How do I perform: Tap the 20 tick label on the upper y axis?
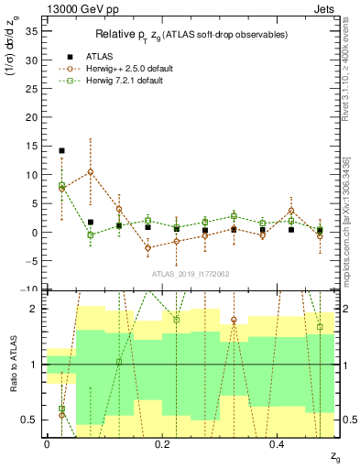(x=34, y=116)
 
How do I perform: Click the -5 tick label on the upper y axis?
(x=34, y=261)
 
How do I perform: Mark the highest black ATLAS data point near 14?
(x=61, y=150)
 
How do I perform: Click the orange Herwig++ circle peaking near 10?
(x=90, y=172)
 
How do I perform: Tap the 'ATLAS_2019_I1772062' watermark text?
(x=191, y=274)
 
